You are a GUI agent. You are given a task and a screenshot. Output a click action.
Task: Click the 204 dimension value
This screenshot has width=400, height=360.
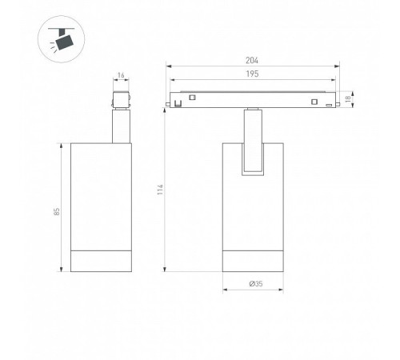(x=252, y=61)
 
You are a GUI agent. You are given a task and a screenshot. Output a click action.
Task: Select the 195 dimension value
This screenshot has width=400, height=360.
(x=252, y=74)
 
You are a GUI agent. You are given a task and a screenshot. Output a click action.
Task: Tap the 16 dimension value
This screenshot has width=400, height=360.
(x=121, y=75)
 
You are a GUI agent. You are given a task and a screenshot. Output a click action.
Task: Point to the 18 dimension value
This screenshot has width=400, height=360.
(x=348, y=99)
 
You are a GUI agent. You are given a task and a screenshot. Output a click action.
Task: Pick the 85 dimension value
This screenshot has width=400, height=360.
(x=57, y=212)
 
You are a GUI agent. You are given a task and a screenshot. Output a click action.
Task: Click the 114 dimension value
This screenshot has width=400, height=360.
(x=160, y=190)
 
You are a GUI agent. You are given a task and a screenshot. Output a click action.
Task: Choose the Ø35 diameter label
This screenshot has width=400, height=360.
(x=256, y=284)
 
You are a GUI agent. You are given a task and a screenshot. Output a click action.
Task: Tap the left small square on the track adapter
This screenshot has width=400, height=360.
(x=192, y=98)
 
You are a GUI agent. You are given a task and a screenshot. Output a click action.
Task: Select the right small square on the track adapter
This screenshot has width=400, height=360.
(x=314, y=102)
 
